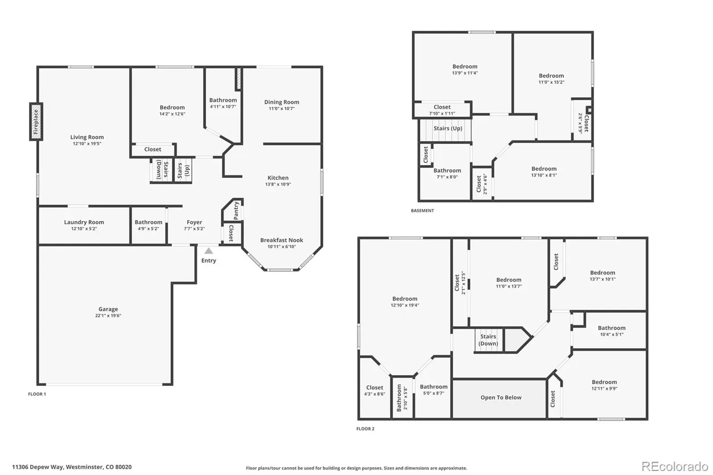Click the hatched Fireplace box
coord(36,122)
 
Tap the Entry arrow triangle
coord(209,251)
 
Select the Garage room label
coord(108,309)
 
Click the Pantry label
coord(236,210)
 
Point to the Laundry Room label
coord(84,222)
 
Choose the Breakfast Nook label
coord(282,240)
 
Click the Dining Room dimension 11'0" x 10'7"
coord(282,109)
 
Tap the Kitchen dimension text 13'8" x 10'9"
coord(278,184)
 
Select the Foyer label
coord(194,222)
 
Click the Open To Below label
coord(501,397)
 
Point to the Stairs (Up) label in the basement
coord(448,128)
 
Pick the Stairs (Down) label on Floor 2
coord(488,340)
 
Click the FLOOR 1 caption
coord(37,394)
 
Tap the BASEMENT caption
coord(422,210)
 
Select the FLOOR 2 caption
coord(365,429)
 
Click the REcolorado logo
coord(675,467)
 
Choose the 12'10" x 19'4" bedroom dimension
coord(405,305)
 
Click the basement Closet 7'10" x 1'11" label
coord(442,110)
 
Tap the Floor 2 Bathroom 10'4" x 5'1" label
coord(612,331)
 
